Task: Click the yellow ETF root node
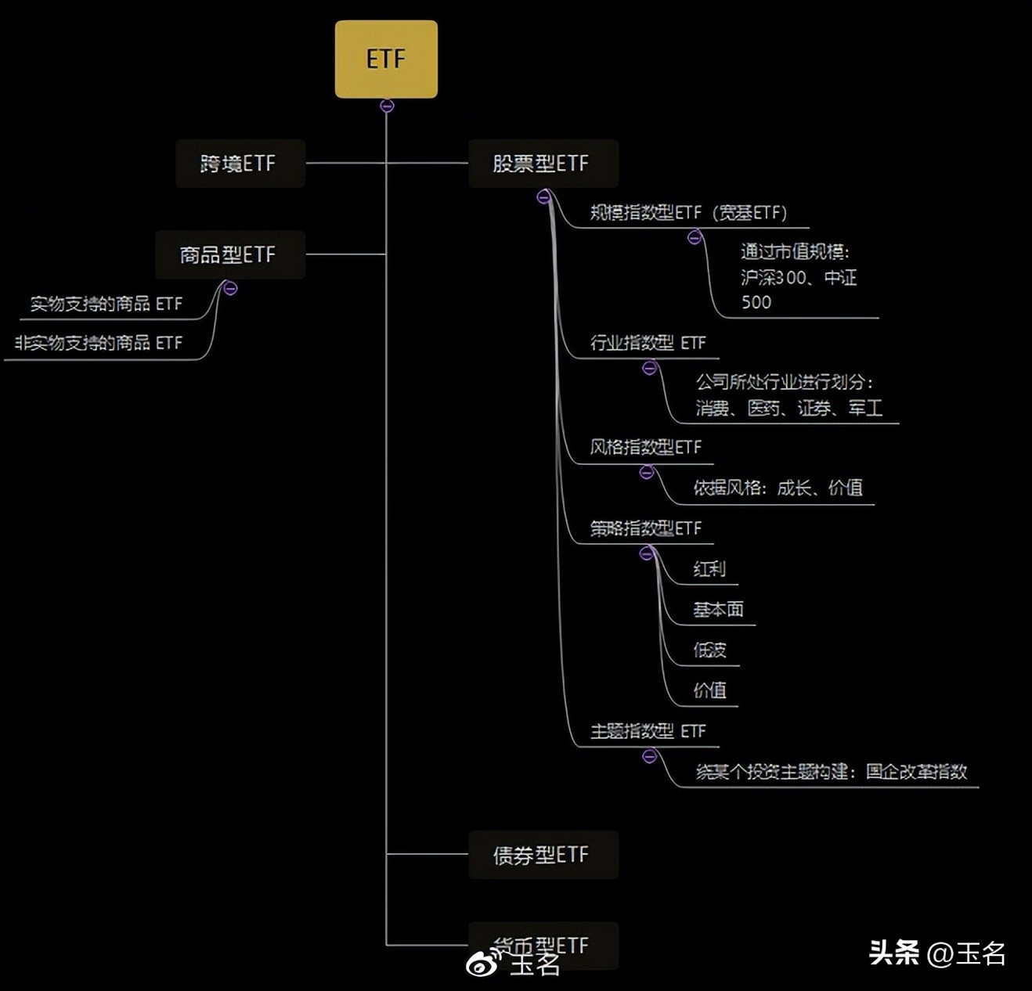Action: pyautogui.click(x=386, y=59)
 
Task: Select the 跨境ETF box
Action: pyautogui.click(x=240, y=164)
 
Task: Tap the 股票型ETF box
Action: pyautogui.click(x=543, y=164)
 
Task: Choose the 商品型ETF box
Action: pyautogui.click(x=229, y=254)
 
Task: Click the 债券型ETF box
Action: pyautogui.click(x=543, y=855)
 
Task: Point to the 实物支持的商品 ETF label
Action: pyautogui.click(x=106, y=304)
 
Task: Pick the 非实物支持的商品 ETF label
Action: pyautogui.click(x=98, y=343)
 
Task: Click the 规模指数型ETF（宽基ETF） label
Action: pyautogui.click(x=687, y=212)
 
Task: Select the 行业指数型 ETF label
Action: pyautogui.click(x=648, y=343)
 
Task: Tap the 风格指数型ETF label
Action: pyautogui.click(x=645, y=447)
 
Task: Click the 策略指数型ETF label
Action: pyautogui.click(x=645, y=528)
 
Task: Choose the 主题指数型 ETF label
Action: pyautogui.click(x=648, y=731)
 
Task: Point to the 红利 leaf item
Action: pyautogui.click(x=709, y=569)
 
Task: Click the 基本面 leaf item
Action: pyautogui.click(x=718, y=610)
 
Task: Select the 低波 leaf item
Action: pyautogui.click(x=709, y=650)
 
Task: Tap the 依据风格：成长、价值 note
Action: pyautogui.click(x=778, y=488)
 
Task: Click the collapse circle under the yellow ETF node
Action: pyautogui.click(x=387, y=106)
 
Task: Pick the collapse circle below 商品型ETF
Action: pyautogui.click(x=230, y=289)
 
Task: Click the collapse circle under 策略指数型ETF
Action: pyautogui.click(x=647, y=553)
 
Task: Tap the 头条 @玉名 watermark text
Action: pyautogui.click(x=937, y=953)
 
